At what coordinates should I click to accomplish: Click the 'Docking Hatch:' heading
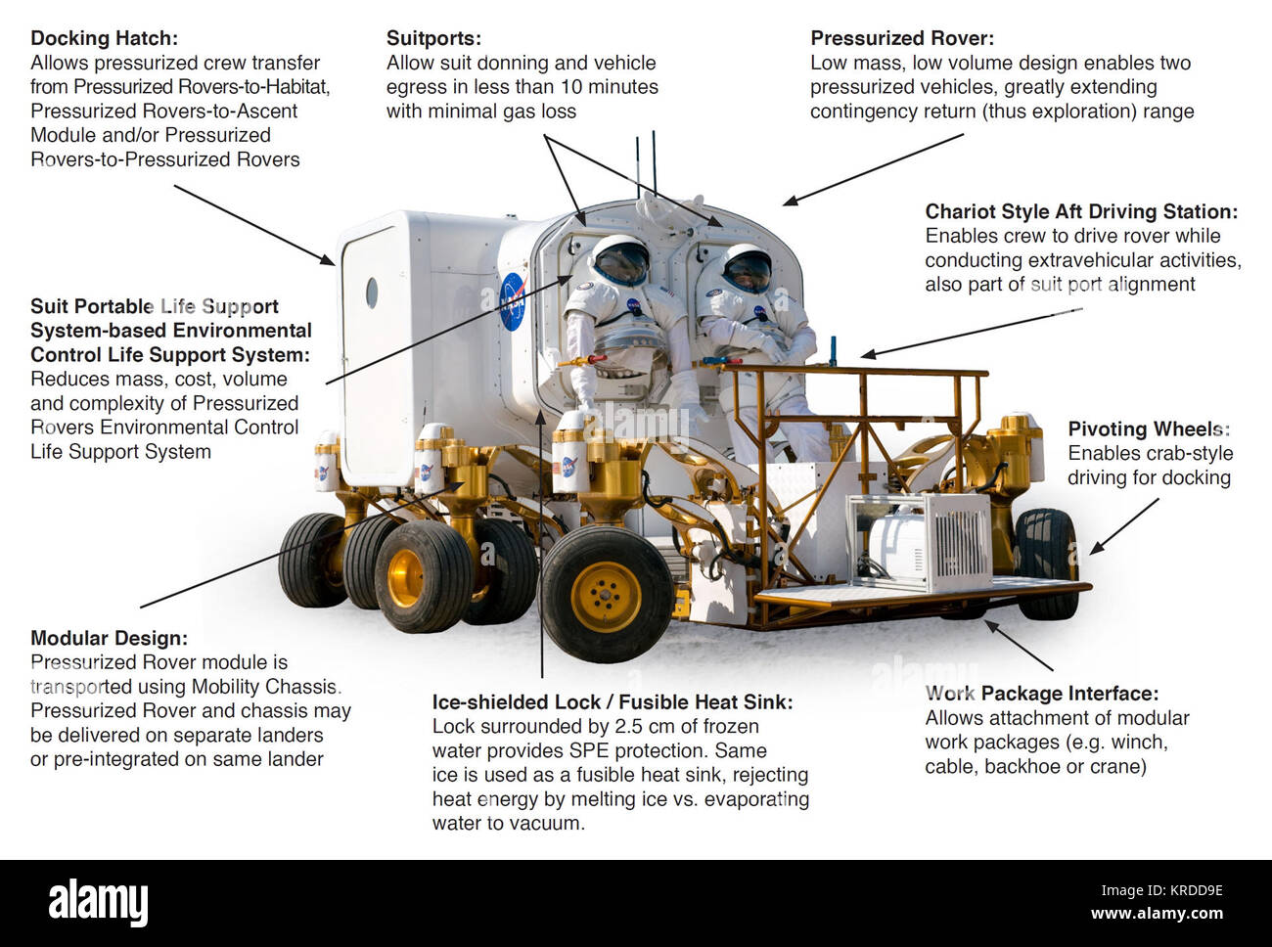click(105, 38)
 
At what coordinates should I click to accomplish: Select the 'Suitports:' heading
click(433, 38)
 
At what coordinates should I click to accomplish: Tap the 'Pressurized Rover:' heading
click(902, 38)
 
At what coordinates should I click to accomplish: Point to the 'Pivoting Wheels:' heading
click(1149, 429)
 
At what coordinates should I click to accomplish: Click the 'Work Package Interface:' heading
click(1041, 694)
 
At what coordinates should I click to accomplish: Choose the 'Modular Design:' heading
click(109, 638)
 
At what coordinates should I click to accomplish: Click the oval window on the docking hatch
click(372, 293)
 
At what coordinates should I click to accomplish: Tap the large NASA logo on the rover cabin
click(514, 301)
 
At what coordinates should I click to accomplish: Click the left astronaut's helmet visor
click(621, 263)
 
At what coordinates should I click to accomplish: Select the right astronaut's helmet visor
click(748, 271)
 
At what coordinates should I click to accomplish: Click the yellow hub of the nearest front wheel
click(607, 597)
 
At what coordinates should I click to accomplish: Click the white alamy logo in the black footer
click(98, 902)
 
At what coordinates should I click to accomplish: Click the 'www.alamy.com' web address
click(1157, 913)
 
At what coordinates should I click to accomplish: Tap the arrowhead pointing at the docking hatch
click(328, 260)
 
